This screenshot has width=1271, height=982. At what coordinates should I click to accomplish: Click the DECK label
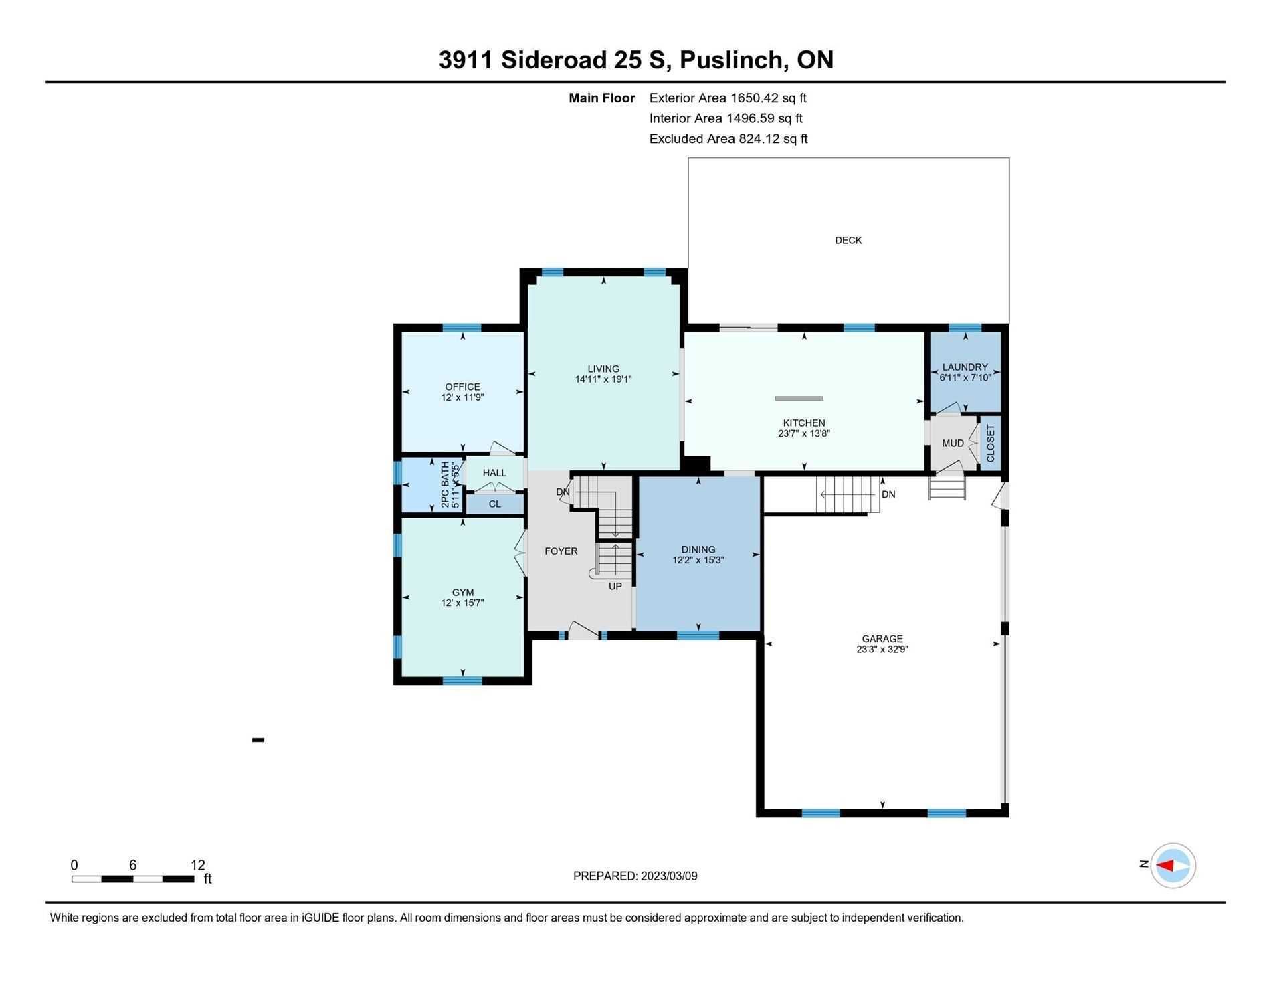[x=848, y=241]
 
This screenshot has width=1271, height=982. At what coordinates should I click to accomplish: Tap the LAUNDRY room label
[x=965, y=367]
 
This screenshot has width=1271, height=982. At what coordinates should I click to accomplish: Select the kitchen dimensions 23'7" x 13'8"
[x=804, y=433]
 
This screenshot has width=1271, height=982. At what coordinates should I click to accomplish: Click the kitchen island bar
[x=799, y=399]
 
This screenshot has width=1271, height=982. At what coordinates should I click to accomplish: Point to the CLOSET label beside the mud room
[x=991, y=443]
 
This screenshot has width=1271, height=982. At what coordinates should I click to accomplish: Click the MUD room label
[x=953, y=444]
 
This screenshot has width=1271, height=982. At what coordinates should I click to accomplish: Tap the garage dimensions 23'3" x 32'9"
[x=882, y=649]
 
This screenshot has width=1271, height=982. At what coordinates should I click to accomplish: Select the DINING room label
[x=698, y=550]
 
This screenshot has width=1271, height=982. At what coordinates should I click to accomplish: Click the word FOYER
[x=561, y=551]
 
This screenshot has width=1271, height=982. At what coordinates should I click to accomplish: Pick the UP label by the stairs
[x=615, y=587]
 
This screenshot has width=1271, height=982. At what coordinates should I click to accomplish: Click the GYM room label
[x=463, y=593]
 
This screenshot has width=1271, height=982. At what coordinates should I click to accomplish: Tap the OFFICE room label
[x=463, y=387]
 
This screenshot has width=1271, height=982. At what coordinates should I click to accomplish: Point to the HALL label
[x=494, y=473]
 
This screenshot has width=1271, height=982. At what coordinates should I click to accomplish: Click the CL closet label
[x=495, y=504]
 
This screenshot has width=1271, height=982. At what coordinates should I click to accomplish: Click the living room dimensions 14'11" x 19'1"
[x=603, y=379]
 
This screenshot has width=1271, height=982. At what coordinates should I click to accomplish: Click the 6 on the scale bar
[x=133, y=865]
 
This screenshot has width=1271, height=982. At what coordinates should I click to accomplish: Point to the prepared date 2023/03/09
[x=669, y=876]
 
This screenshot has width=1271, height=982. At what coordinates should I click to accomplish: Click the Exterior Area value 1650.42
[x=755, y=98]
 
